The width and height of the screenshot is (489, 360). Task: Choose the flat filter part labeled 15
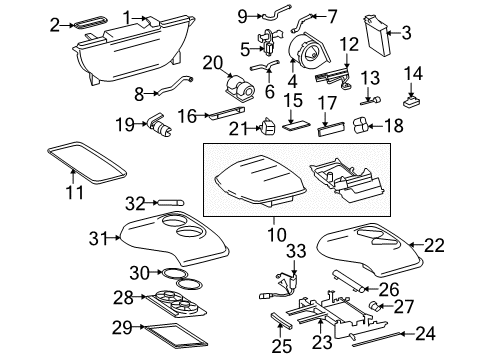point(294,127)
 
